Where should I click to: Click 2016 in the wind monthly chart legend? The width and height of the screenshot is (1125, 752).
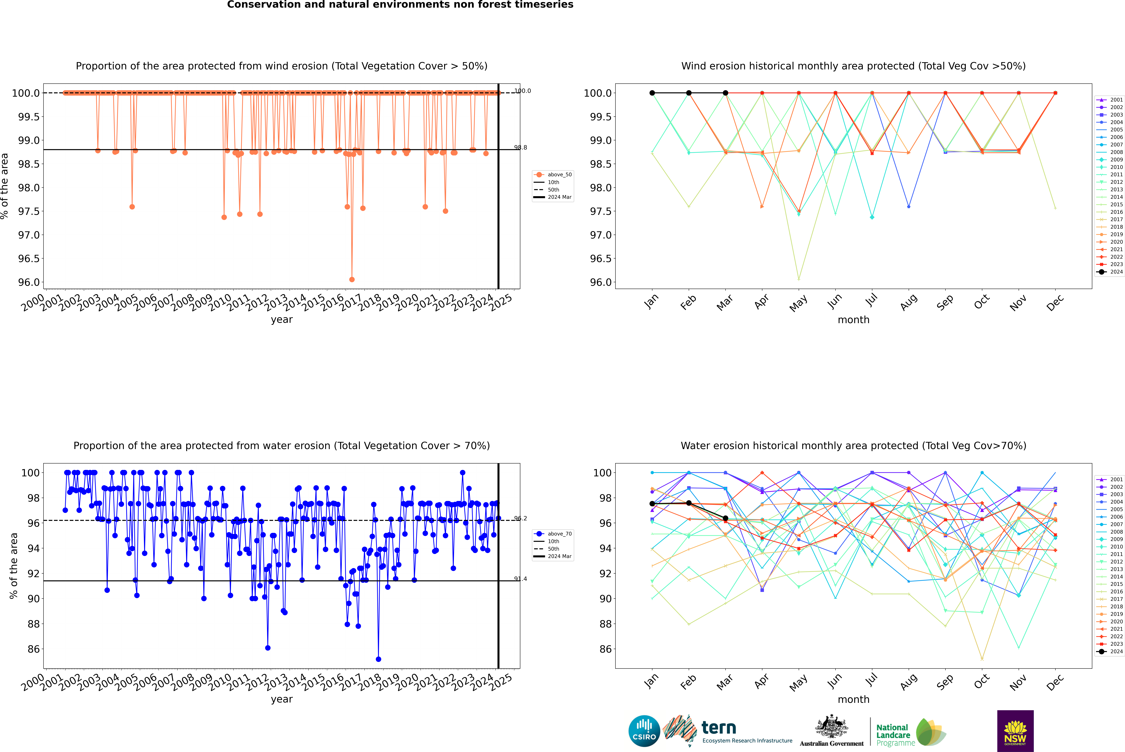pyautogui.click(x=1116, y=212)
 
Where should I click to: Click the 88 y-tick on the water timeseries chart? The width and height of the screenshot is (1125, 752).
pyautogui.click(x=34, y=624)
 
